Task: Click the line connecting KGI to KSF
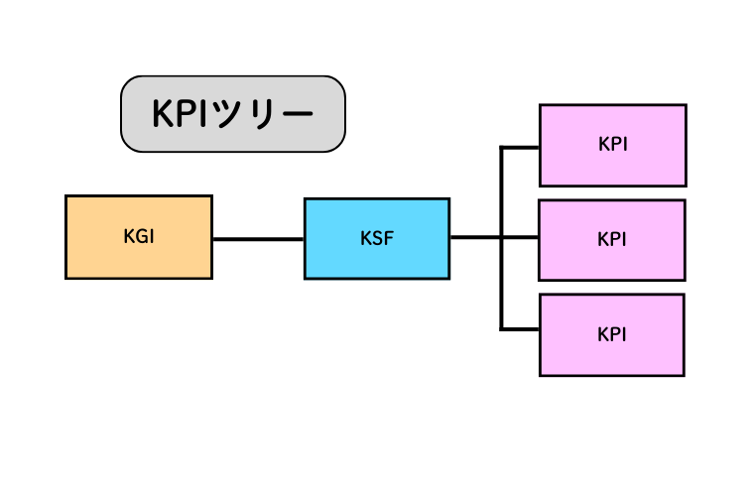258,239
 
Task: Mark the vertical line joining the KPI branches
502,283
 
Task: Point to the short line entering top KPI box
521,148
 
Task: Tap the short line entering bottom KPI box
521,328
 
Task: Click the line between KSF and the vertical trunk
475,238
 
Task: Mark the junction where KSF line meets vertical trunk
502,238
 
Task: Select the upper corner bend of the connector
502,148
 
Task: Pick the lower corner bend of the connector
502,328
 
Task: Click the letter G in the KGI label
138,237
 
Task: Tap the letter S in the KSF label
376,239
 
